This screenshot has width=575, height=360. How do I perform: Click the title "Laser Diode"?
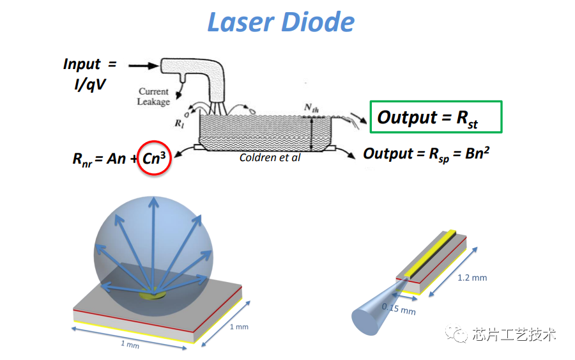(281, 22)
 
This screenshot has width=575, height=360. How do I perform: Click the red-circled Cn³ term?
(154, 158)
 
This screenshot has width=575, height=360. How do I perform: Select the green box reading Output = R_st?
(436, 117)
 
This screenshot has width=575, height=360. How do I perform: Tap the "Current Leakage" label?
(153, 96)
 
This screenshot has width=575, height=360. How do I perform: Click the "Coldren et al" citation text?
(270, 157)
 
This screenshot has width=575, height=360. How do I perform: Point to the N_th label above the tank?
(311, 108)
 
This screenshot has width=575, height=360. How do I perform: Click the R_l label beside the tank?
(180, 123)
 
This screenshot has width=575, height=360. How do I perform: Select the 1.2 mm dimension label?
(472, 278)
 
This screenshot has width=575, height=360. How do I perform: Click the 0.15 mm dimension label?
(399, 309)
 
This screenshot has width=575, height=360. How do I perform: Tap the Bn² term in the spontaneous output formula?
(477, 153)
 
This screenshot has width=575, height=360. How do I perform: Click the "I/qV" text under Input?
(90, 85)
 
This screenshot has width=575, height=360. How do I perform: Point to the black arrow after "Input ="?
(143, 66)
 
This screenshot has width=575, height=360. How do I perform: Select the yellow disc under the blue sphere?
(153, 294)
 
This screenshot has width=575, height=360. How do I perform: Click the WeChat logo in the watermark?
(457, 333)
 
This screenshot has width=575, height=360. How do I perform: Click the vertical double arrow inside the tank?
(312, 134)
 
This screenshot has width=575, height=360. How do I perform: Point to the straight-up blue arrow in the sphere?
(153, 245)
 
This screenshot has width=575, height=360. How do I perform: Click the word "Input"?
(81, 64)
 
